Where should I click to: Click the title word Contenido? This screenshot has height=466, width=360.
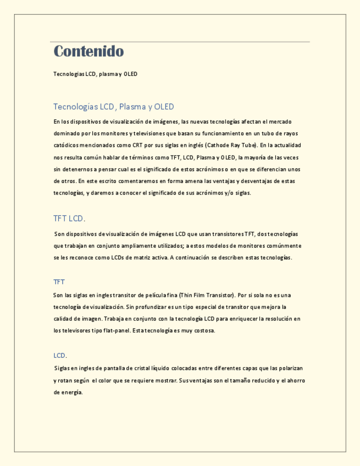(x=88, y=52)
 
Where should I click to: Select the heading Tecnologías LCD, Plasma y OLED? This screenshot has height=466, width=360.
(x=113, y=107)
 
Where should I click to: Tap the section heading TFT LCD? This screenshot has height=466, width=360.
(x=69, y=218)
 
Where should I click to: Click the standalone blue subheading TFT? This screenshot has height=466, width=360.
(x=59, y=282)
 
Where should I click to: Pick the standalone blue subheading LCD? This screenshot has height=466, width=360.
(x=60, y=356)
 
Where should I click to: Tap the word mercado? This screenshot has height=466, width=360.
(x=279, y=121)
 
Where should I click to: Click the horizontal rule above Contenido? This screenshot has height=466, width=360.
(x=180, y=42)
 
